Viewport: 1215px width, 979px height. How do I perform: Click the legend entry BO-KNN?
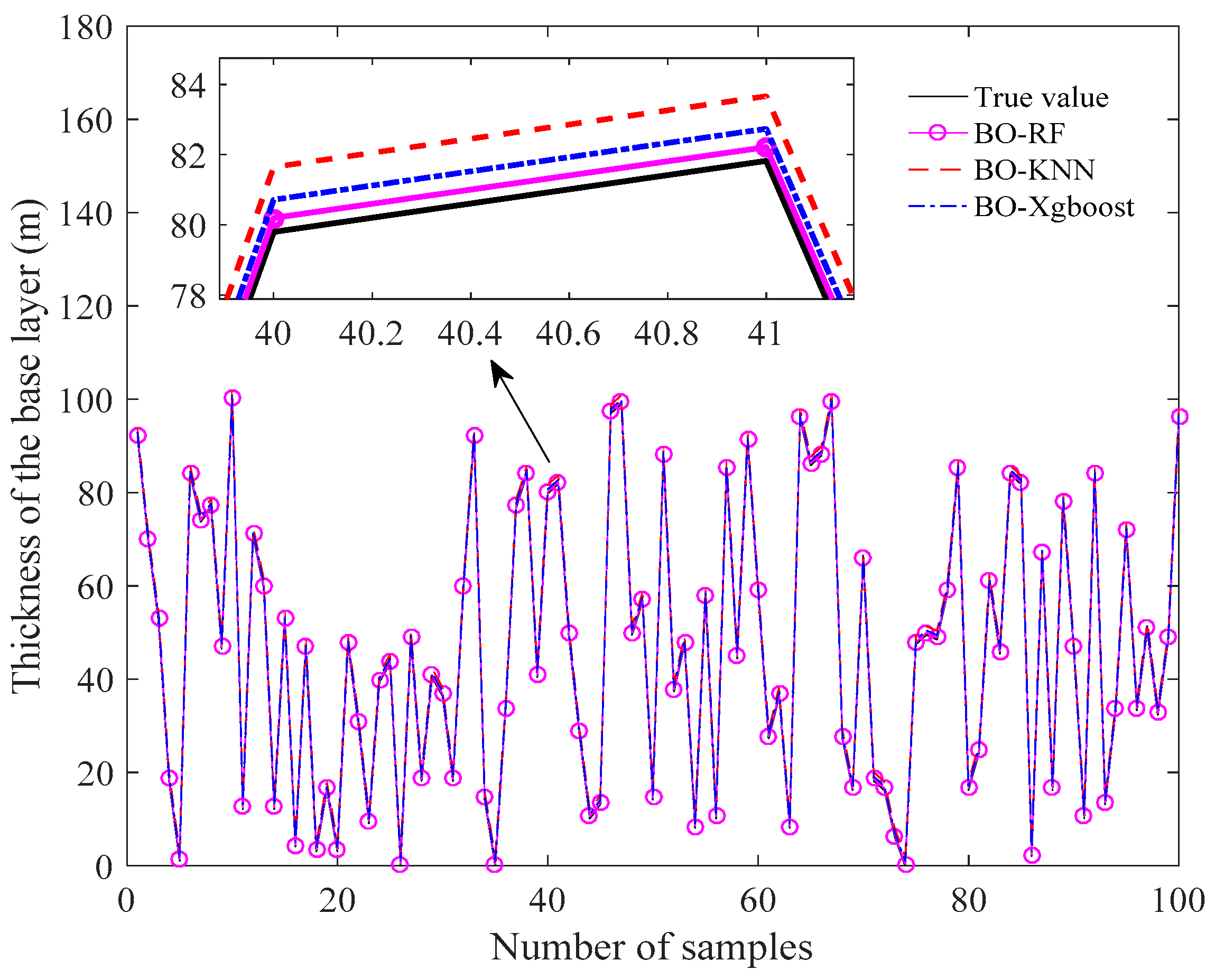1033,170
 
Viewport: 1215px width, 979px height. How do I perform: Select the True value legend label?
1041,98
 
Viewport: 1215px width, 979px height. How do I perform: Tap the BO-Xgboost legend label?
1054,207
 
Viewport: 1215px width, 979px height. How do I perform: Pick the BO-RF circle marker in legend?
937,134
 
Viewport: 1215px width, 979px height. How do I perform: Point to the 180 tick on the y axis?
86,27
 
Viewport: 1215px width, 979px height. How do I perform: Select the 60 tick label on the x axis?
757,901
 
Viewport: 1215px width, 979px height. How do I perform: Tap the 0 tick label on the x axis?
126,901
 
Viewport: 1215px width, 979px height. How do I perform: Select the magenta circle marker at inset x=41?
764,148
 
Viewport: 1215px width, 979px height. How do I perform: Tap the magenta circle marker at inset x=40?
275,219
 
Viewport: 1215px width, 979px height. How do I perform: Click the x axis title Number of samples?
651,947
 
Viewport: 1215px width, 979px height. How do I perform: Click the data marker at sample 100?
1180,417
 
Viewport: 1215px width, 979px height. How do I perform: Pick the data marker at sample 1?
137,435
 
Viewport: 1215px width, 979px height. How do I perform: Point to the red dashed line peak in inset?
766,96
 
